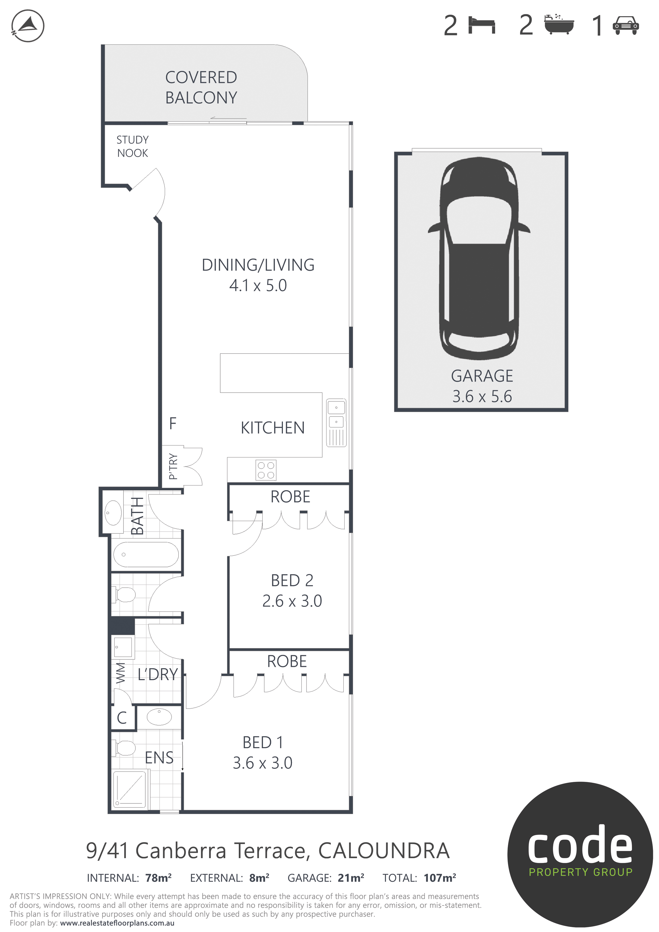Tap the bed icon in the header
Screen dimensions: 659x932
(x=482, y=25)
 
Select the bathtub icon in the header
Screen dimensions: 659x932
(x=559, y=24)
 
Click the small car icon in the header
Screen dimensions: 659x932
(x=626, y=26)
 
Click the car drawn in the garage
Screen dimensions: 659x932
(x=479, y=259)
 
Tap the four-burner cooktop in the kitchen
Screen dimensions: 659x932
(x=266, y=471)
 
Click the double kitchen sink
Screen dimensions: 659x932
(x=336, y=423)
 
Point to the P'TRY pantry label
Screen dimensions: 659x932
(x=173, y=467)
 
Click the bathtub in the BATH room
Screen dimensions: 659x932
(x=146, y=554)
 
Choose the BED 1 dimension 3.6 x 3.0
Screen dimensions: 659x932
(x=262, y=763)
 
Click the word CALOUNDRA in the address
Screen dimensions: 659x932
(x=384, y=851)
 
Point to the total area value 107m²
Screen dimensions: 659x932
(x=440, y=878)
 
